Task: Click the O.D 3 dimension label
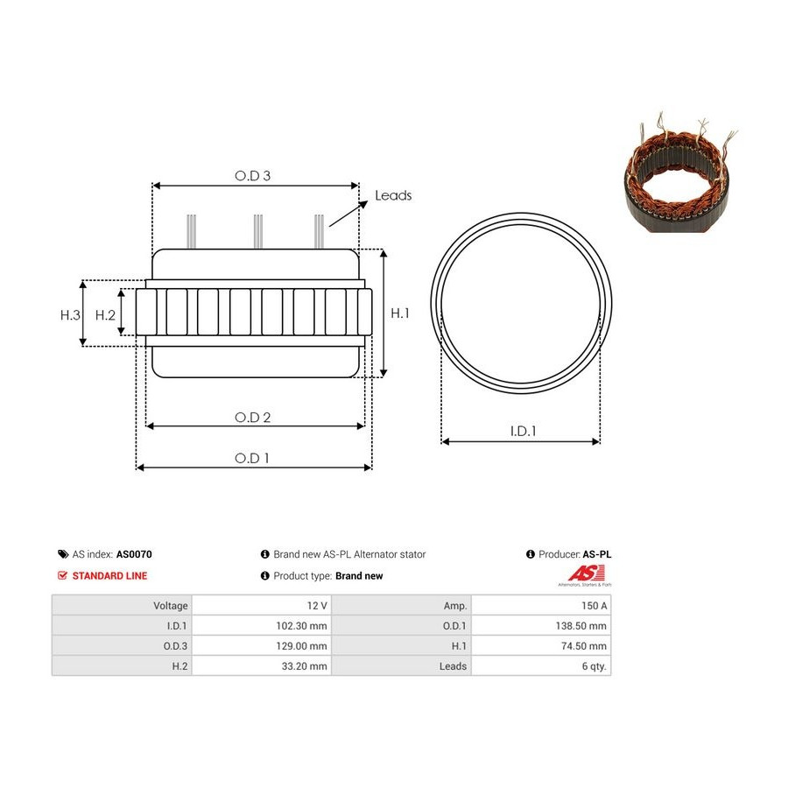point(253,176)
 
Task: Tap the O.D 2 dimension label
point(253,418)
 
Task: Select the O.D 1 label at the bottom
point(252,458)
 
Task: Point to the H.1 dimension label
point(400,313)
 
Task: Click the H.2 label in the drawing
point(106,315)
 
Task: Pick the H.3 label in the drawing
point(70,315)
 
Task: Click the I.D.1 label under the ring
point(524,431)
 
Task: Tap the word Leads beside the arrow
point(393,195)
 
